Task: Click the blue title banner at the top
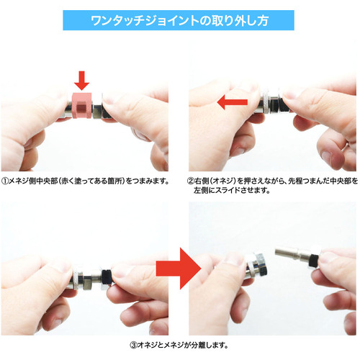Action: [179, 20]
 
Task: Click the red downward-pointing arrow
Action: [81, 81]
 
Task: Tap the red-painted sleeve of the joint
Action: [82, 105]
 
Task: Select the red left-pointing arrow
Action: [232, 102]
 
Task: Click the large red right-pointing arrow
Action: [179, 269]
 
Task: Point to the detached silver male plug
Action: [297, 256]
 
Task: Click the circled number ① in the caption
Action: [5, 181]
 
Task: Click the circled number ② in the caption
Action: [191, 181]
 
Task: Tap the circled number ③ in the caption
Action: [133, 346]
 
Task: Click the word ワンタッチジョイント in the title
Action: [145, 21]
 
